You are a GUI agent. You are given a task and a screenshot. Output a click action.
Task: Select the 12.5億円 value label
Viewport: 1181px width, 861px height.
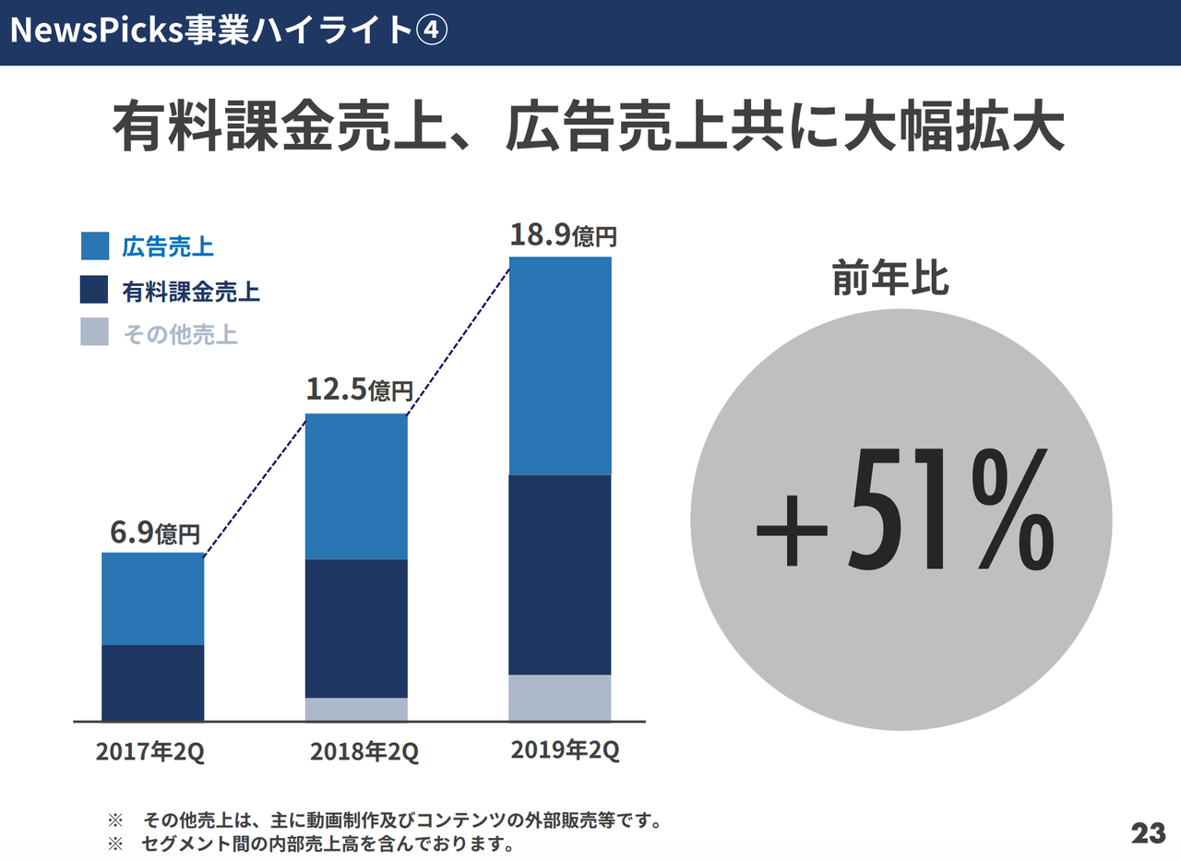tap(358, 390)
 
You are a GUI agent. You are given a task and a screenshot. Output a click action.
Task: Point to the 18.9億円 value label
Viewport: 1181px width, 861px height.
tap(562, 234)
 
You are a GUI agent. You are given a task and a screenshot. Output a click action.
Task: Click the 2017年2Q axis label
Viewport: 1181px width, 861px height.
tap(150, 752)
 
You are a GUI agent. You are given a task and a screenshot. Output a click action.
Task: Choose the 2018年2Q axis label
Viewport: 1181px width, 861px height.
tap(364, 752)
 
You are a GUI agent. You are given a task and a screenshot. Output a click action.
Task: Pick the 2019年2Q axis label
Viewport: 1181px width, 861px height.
tap(565, 750)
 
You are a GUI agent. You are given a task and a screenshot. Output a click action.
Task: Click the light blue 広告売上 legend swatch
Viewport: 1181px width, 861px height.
tap(95, 246)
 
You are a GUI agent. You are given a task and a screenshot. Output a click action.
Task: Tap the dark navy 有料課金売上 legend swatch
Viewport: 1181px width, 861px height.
tap(95, 290)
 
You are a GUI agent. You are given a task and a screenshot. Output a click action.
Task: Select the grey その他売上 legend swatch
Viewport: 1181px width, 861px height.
tap(95, 332)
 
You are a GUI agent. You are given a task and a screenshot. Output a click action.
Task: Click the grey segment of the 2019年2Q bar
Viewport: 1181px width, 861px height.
tap(559, 698)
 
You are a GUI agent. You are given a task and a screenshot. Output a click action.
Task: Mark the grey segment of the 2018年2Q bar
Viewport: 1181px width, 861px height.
tap(356, 709)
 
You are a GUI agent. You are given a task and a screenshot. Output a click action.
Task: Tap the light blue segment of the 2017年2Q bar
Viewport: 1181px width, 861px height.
tap(152, 598)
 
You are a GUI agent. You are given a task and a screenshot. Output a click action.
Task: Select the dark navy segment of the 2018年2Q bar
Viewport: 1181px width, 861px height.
tap(356, 628)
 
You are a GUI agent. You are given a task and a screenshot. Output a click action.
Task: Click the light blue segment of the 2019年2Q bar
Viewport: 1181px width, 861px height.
tap(559, 365)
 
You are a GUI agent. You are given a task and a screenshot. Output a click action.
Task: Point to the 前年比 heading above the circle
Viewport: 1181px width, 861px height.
tap(889, 279)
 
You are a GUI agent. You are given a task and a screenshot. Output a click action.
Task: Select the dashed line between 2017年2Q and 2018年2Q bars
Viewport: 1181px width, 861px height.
tap(255, 487)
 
